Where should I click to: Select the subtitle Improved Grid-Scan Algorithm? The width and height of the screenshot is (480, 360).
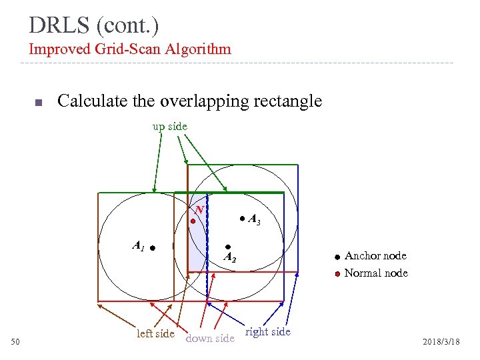(130, 49)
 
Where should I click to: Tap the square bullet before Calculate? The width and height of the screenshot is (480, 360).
(38, 103)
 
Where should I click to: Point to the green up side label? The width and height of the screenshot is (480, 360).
(170, 126)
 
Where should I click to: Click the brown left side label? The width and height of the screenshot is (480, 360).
(155, 333)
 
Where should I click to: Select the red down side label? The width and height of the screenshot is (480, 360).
(210, 338)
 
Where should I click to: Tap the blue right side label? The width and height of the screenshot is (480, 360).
(268, 331)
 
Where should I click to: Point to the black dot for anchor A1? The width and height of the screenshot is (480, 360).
(153, 248)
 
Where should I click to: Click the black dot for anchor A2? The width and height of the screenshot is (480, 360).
(228, 247)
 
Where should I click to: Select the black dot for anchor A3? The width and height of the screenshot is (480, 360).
(242, 218)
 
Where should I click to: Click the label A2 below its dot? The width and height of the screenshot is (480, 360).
(230, 257)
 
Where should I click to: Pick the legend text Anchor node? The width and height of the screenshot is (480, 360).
(375, 256)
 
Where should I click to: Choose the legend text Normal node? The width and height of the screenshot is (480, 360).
(376, 273)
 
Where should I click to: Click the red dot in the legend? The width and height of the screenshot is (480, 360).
(337, 273)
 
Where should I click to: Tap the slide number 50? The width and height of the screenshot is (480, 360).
(17, 342)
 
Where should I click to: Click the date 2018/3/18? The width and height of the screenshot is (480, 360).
(441, 342)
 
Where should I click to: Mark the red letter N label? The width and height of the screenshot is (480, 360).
(199, 209)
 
